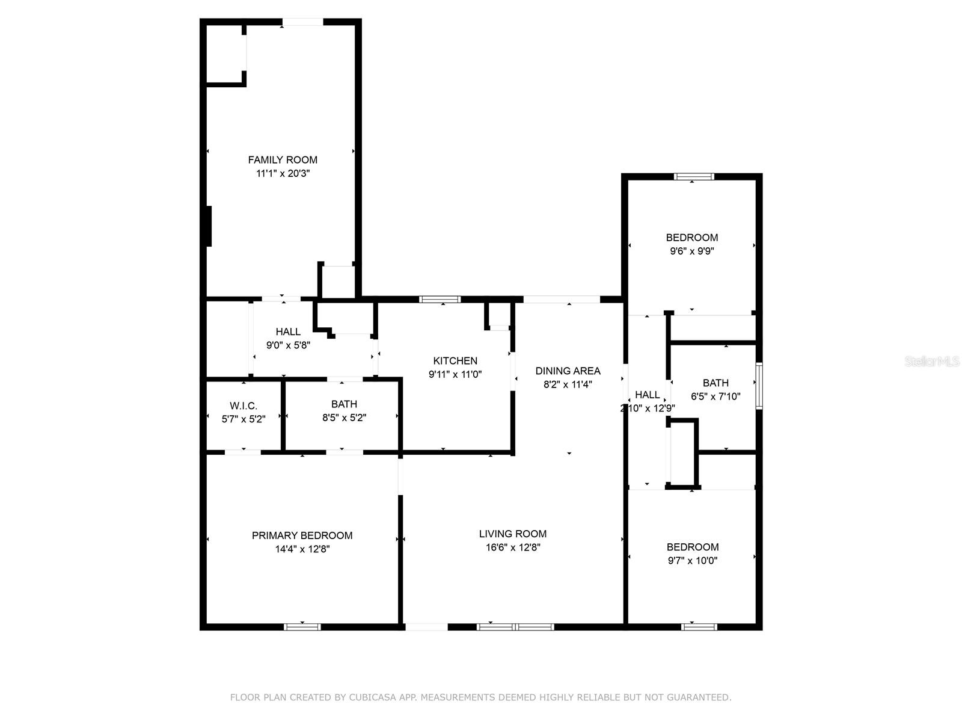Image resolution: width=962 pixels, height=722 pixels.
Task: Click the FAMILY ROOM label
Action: (x=282, y=159)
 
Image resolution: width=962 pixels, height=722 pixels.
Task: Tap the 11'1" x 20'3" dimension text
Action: (x=283, y=173)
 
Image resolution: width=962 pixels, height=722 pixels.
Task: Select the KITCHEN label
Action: (x=455, y=360)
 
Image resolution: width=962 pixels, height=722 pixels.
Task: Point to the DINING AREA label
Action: (x=568, y=371)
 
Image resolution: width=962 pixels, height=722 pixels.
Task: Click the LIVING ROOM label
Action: (x=512, y=534)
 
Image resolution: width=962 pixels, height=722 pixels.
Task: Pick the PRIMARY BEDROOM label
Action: (x=302, y=535)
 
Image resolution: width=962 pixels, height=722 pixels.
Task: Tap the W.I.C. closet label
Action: (x=244, y=406)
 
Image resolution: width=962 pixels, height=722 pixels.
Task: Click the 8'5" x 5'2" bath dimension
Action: (x=344, y=418)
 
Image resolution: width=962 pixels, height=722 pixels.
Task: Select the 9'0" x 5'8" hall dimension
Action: (x=288, y=345)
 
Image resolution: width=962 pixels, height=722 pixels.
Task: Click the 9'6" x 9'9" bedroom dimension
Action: (x=691, y=251)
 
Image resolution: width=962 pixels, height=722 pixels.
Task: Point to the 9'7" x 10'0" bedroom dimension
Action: (x=692, y=560)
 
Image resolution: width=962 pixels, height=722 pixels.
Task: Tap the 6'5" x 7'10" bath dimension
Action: (x=715, y=396)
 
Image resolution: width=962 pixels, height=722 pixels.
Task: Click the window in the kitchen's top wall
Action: (x=440, y=300)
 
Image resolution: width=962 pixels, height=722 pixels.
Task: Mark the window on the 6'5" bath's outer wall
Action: (x=759, y=386)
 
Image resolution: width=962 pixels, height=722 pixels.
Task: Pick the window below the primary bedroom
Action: (x=302, y=627)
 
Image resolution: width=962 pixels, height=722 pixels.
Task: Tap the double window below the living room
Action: (x=515, y=627)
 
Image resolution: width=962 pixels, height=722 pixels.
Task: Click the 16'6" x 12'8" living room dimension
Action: (x=513, y=547)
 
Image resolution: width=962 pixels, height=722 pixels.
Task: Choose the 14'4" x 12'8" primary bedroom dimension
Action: (x=302, y=549)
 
